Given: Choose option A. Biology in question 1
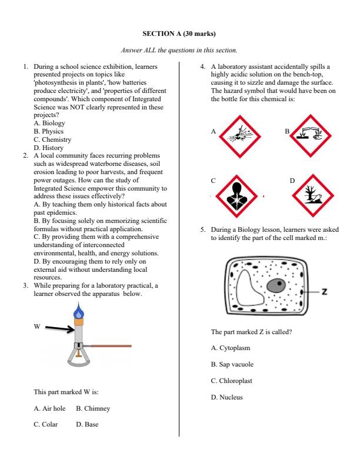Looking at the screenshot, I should click(49, 124).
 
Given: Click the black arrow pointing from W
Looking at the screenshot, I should click(59, 329).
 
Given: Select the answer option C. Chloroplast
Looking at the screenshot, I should click(231, 381).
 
